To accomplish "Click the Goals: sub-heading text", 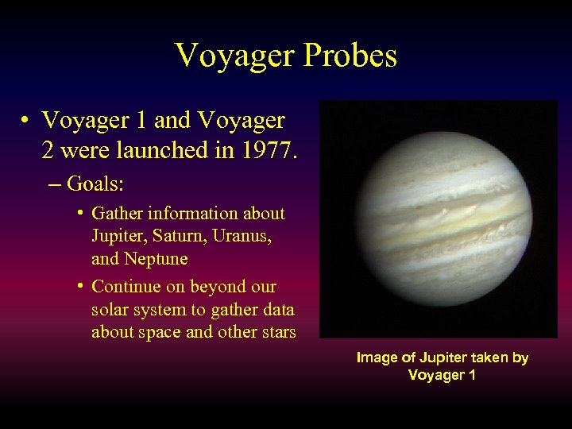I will [96, 184].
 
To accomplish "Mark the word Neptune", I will [157, 259].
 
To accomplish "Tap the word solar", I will [110, 309].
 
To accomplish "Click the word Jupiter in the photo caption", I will [438, 358].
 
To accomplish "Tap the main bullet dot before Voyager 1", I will [26, 121].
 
